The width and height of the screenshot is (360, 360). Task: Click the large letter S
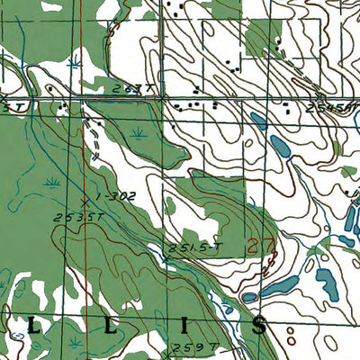pyautogui.click(x=259, y=325)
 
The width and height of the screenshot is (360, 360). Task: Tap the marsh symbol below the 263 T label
pyautogui.click(x=138, y=132)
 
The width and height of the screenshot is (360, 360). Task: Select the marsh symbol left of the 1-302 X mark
pyautogui.click(x=54, y=183)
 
